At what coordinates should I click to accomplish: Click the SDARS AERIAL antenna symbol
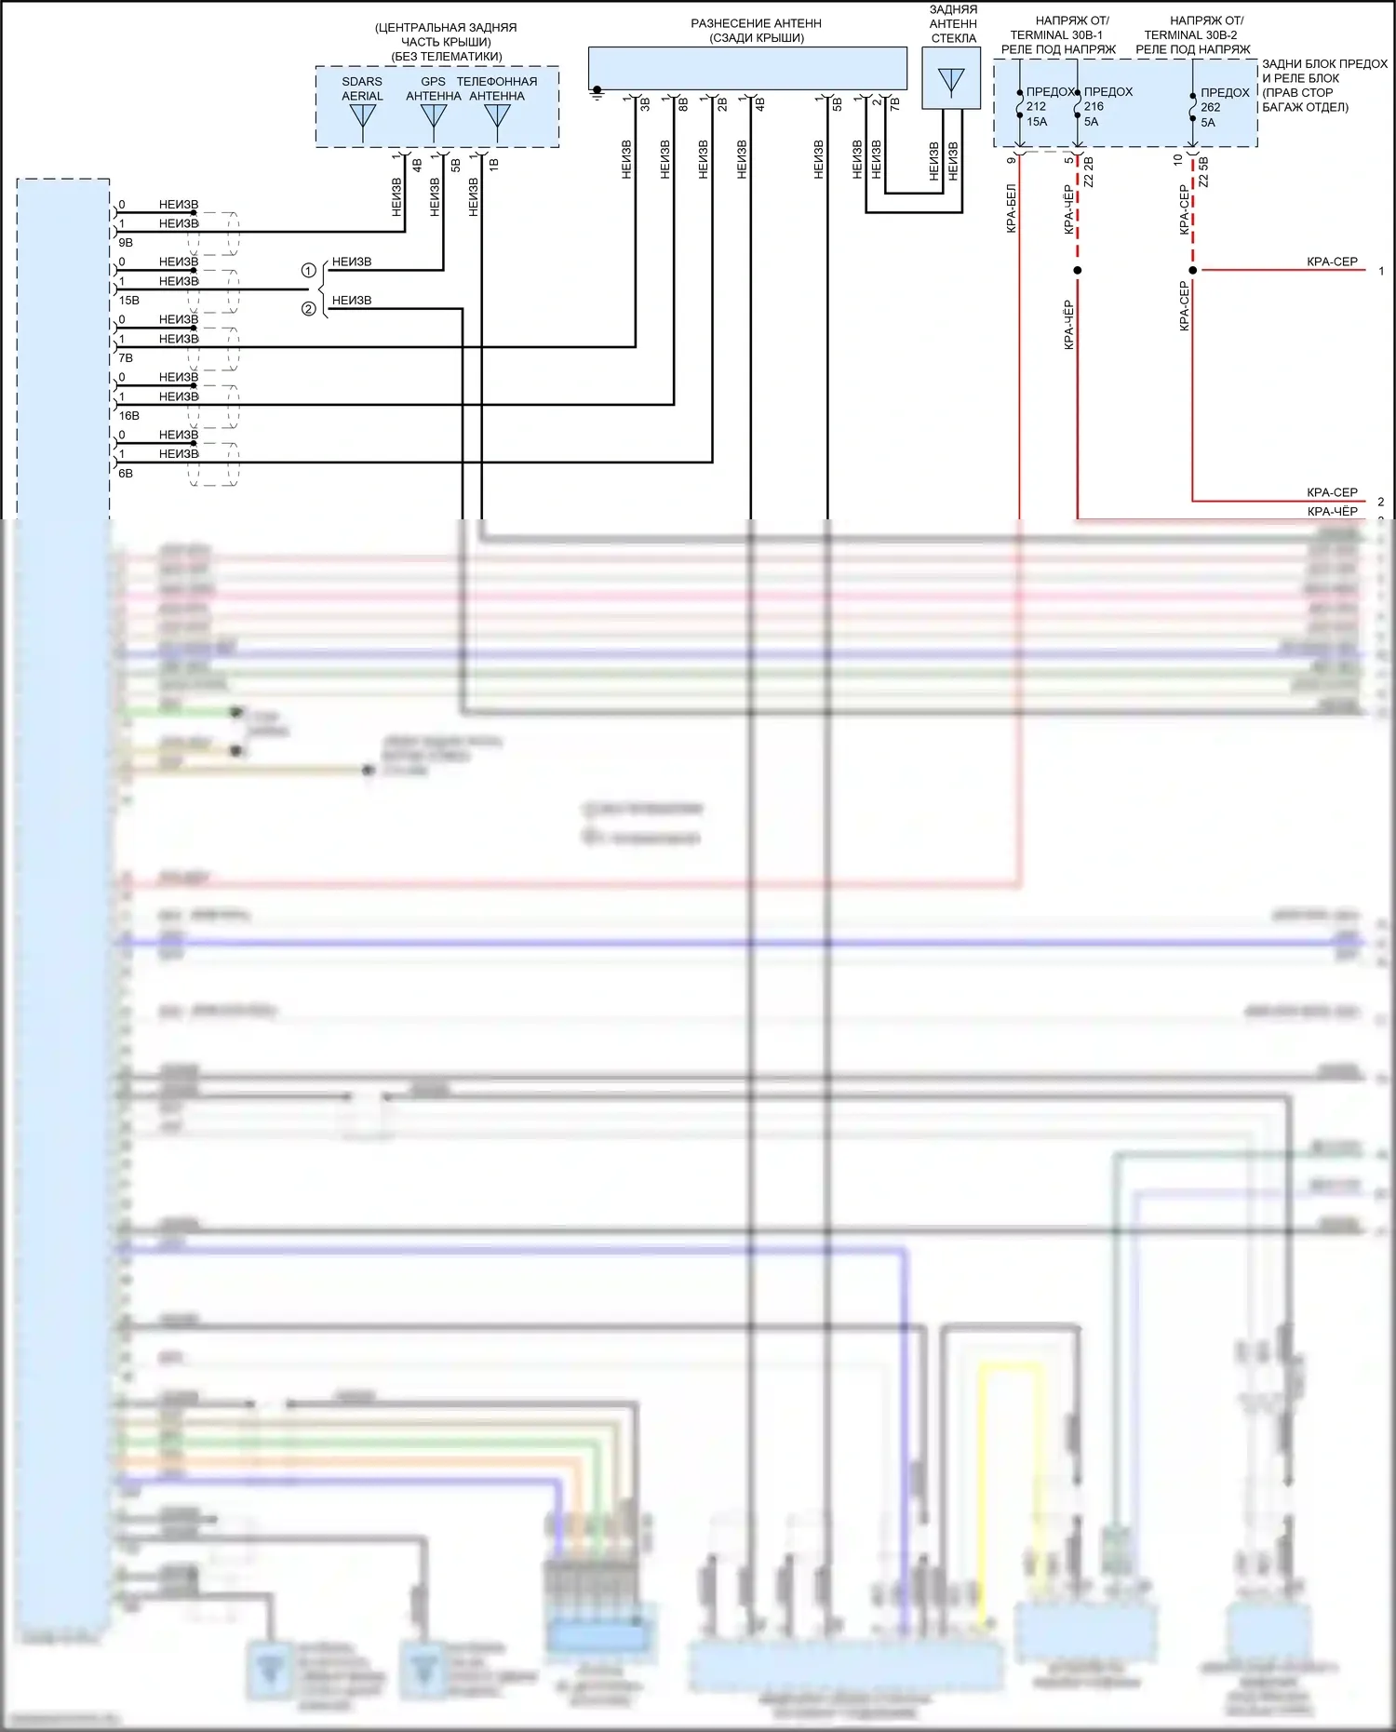[x=362, y=118]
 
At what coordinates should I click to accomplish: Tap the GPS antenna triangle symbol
[x=434, y=118]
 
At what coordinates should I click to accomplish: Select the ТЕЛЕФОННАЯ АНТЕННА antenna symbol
[x=498, y=118]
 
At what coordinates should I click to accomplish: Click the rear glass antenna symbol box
[x=951, y=79]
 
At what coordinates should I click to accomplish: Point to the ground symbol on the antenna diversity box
[x=597, y=92]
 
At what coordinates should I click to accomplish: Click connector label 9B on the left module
[x=126, y=243]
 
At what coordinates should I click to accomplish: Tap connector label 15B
[x=128, y=301]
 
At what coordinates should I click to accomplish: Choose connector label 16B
[x=128, y=416]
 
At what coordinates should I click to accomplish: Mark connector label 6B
[x=126, y=474]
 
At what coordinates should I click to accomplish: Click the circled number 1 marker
[x=309, y=271]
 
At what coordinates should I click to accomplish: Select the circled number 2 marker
[x=309, y=309]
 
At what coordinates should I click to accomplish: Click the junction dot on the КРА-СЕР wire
[x=1193, y=271]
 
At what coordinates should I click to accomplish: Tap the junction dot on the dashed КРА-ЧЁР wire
[x=1078, y=271]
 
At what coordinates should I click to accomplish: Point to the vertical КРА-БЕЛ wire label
[x=1012, y=208]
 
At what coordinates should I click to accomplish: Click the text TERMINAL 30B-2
[x=1190, y=35]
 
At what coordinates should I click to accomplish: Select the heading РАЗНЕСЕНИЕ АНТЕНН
[x=756, y=23]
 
